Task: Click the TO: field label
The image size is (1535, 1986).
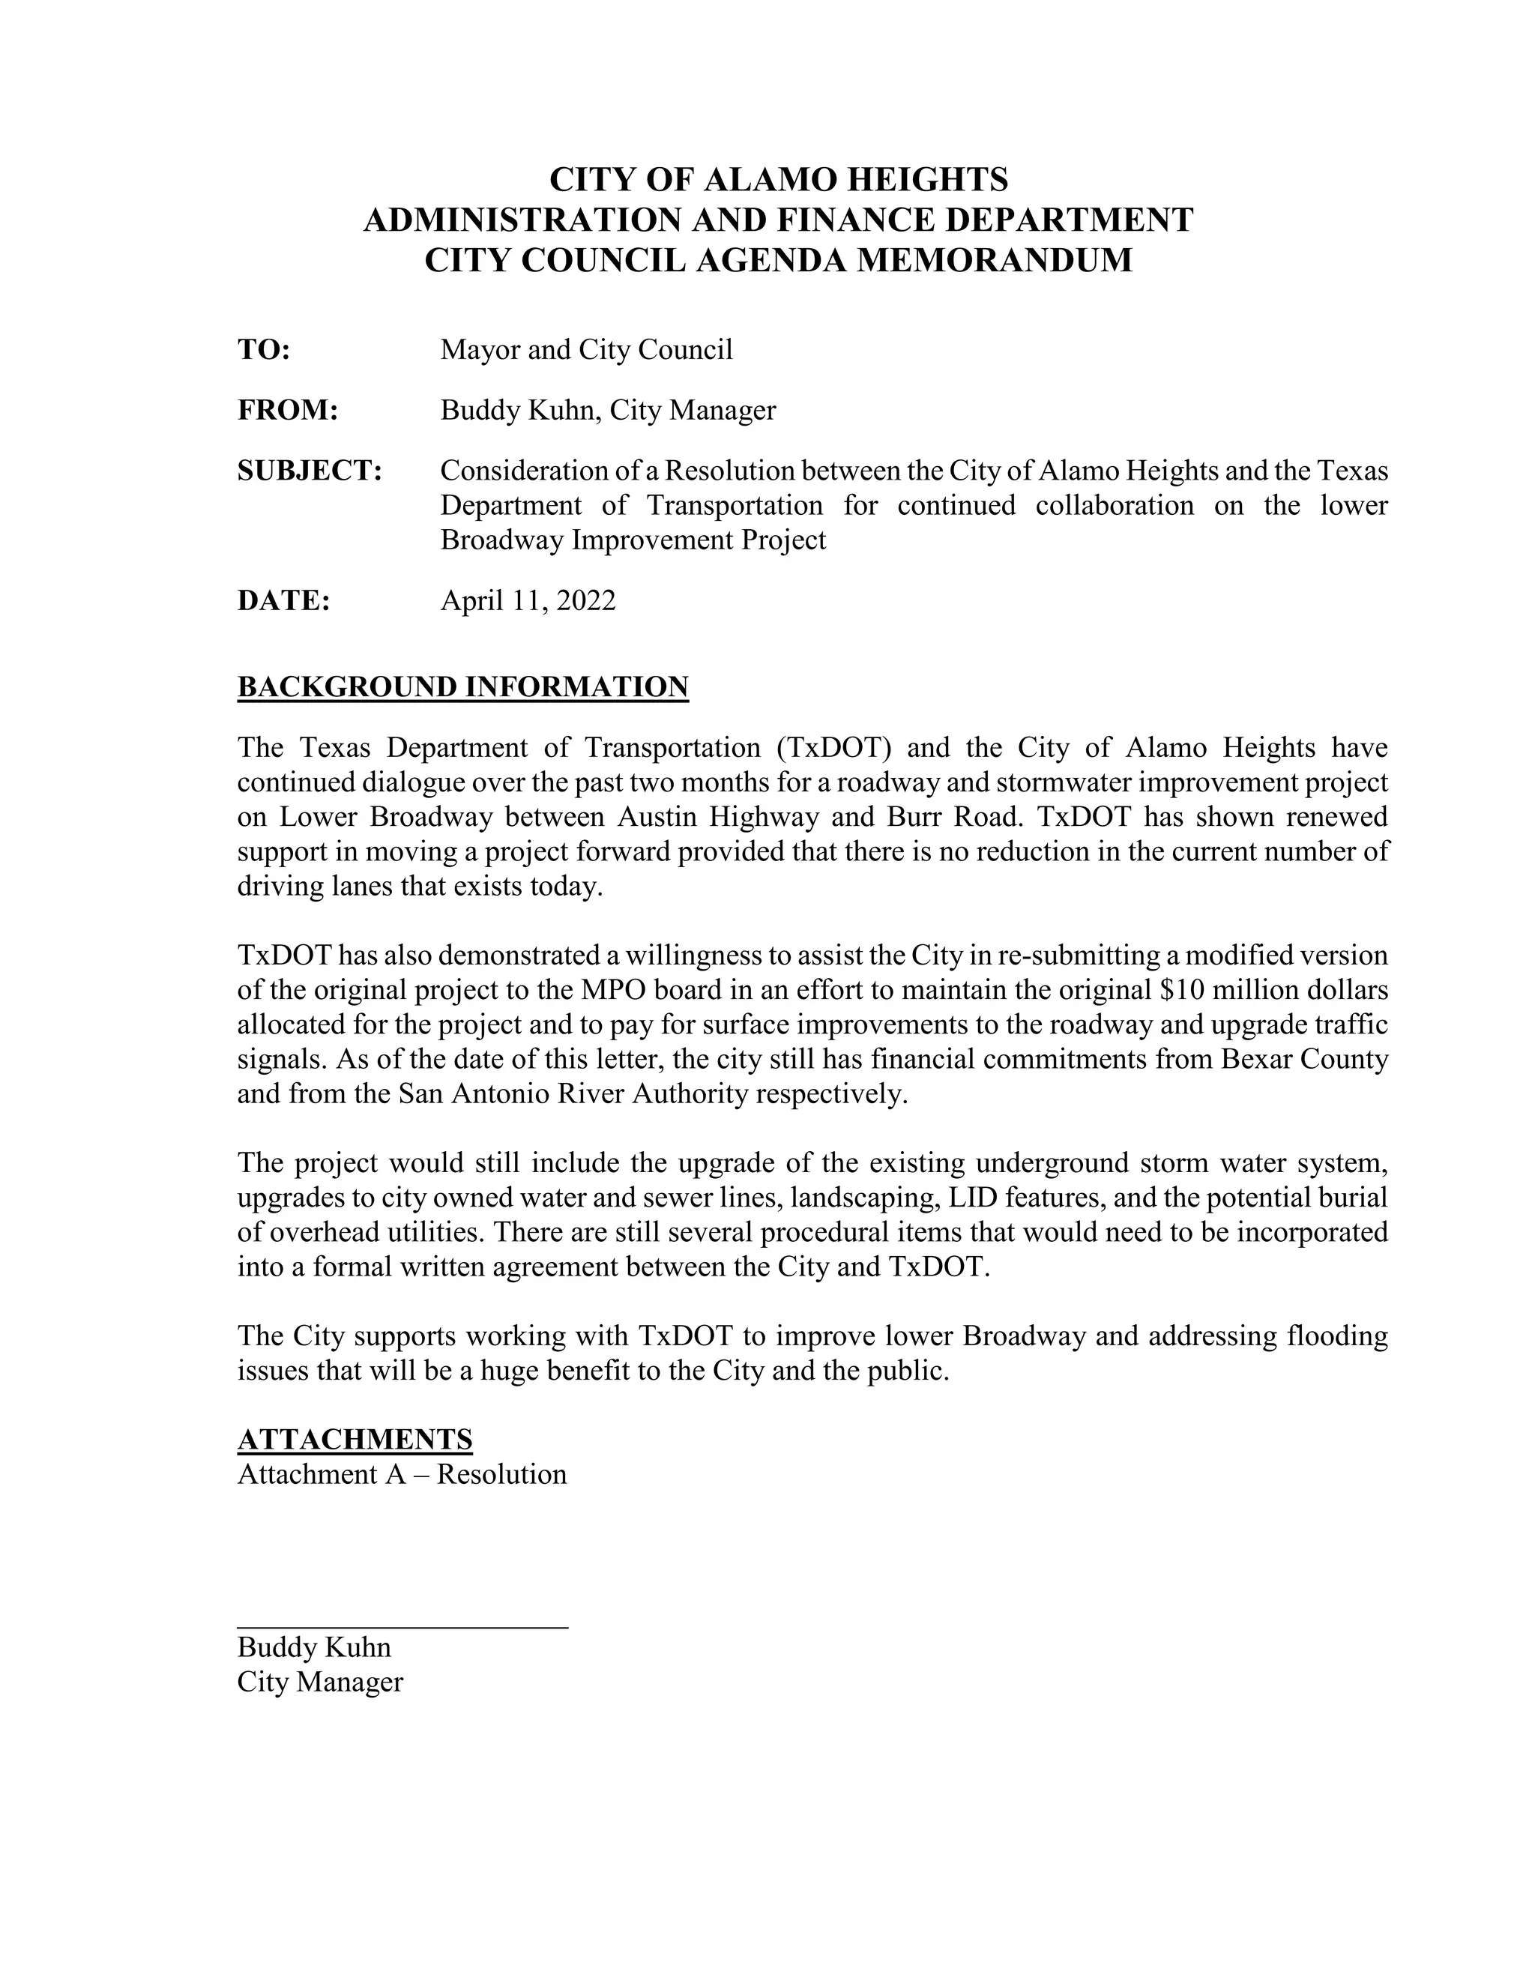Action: [x=264, y=350]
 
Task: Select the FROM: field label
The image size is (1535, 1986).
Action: [x=287, y=411]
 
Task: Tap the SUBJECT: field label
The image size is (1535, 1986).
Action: [x=310, y=471]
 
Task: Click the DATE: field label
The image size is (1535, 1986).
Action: [x=283, y=601]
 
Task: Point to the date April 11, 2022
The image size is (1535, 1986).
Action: [x=528, y=601]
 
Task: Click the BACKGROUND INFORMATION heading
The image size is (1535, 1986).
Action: [x=463, y=687]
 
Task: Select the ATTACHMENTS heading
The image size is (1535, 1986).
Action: [x=355, y=1440]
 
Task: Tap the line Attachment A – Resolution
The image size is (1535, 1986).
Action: [x=402, y=1474]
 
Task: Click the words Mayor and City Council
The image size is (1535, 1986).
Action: [x=587, y=350]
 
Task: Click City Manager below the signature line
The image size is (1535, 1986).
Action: [x=320, y=1682]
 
